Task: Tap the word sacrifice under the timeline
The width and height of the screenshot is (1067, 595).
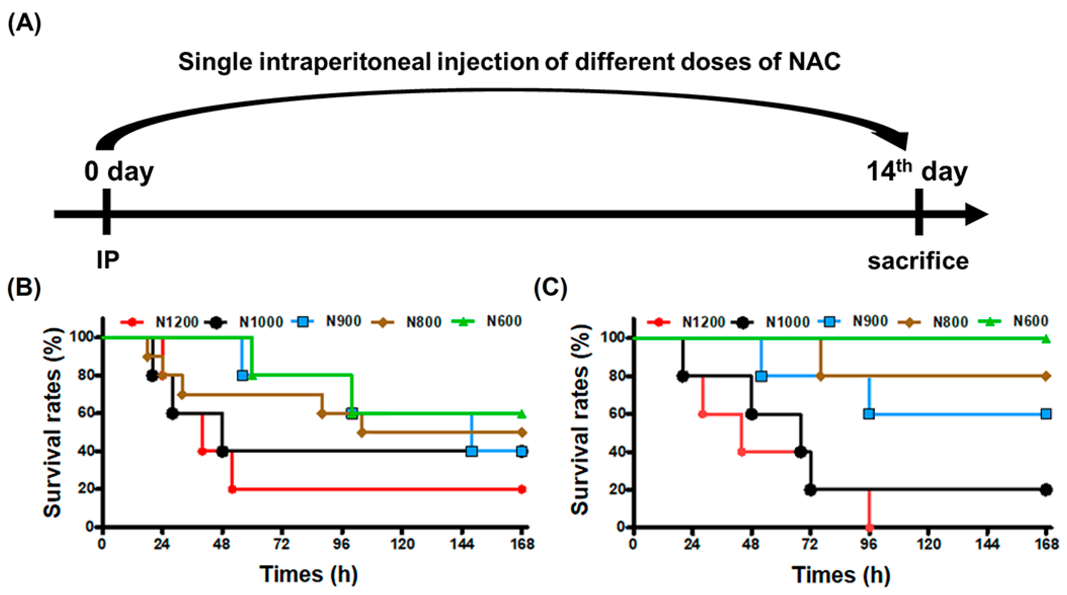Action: coord(918,261)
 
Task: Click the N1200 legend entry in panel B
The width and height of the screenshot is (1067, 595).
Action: coord(159,322)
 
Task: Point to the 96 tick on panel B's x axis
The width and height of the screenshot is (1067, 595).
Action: coord(341,544)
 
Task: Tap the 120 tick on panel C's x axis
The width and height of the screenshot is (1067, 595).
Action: coord(929,544)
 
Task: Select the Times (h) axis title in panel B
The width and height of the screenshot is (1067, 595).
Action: coord(308,574)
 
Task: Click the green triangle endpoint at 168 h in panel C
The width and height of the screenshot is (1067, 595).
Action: coord(1046,339)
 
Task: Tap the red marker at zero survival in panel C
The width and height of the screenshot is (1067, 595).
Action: coord(869,528)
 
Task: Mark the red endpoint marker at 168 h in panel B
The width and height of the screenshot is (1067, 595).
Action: coord(522,490)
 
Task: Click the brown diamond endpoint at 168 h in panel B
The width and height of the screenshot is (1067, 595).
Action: coord(522,433)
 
